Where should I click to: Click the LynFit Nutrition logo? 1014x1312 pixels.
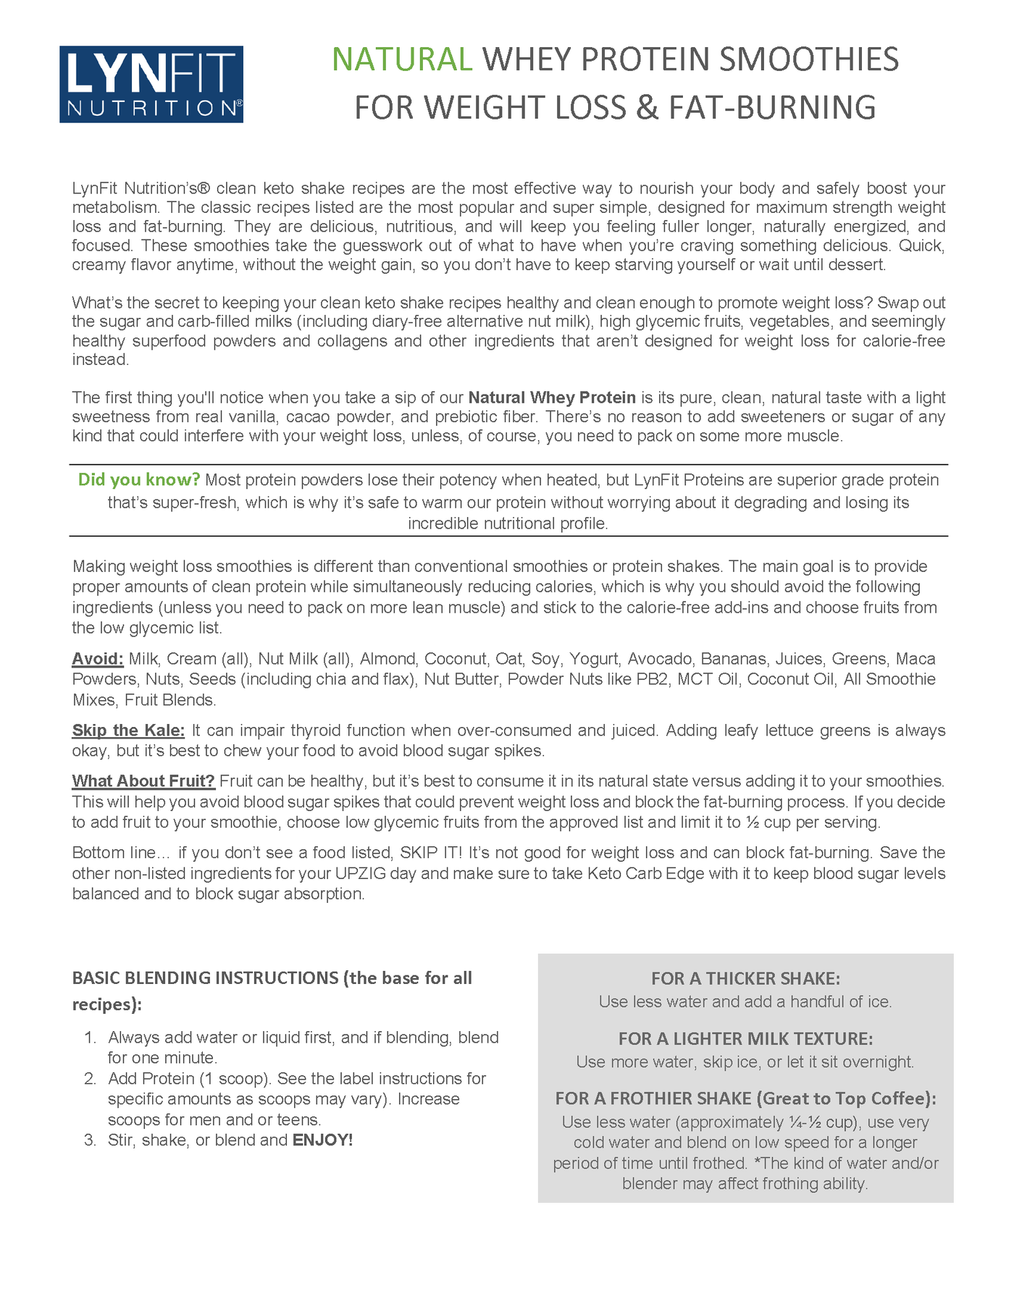[x=151, y=84]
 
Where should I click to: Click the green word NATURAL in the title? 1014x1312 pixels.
[x=402, y=59]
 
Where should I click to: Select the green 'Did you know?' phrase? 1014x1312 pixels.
[x=139, y=479]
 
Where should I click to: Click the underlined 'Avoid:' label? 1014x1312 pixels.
[x=98, y=659]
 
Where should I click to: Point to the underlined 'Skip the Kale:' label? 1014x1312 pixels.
[x=128, y=730]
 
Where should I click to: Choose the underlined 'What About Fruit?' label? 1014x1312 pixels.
[x=143, y=781]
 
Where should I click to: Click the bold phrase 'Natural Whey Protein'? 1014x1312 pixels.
[x=552, y=398]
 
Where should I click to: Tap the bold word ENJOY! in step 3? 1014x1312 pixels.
[x=322, y=1140]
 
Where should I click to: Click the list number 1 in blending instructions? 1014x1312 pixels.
[x=90, y=1038]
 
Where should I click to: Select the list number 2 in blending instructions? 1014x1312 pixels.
[x=90, y=1079]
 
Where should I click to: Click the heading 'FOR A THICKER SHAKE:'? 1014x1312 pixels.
[x=745, y=979]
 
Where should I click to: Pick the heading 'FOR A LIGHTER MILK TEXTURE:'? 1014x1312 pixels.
[x=745, y=1039]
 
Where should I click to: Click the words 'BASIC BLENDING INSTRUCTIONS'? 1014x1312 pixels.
[x=205, y=978]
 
